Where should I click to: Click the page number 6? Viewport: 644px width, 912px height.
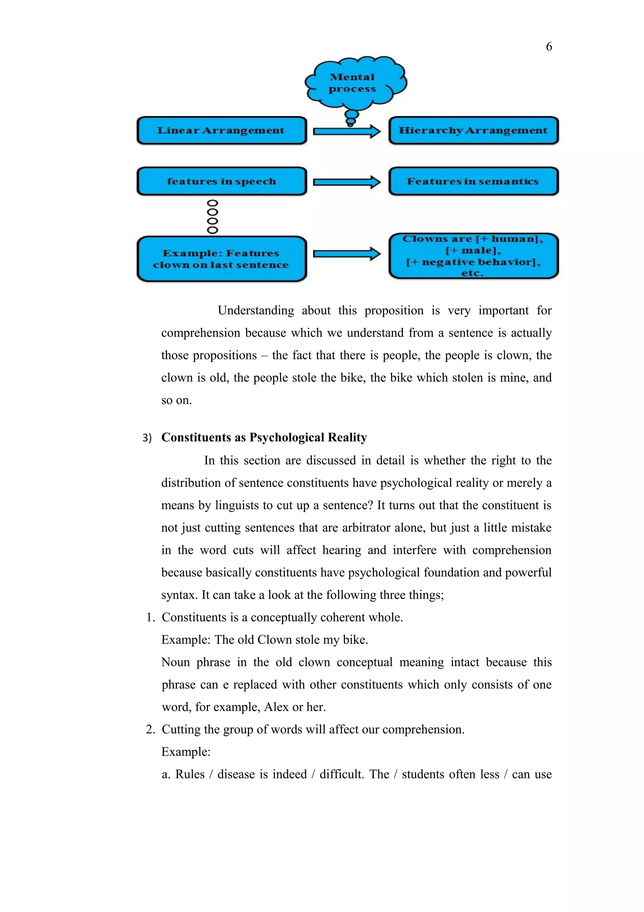549,47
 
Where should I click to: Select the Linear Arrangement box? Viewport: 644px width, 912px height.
221,130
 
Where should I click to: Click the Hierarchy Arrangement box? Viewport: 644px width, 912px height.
473,130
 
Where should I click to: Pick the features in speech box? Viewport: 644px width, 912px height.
221,181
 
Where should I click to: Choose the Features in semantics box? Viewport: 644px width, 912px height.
473,181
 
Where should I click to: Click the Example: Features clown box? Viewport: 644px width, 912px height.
221,259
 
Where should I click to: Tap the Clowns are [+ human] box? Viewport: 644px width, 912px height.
473,256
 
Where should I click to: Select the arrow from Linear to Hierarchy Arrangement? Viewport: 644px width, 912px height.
347,131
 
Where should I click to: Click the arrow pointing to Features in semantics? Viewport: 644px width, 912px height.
347,182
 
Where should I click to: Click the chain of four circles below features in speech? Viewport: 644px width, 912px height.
213,217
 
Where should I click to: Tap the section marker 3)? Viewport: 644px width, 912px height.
147,438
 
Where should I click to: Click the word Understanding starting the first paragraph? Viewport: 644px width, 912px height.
256,310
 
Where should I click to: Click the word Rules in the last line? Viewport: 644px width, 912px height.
190,774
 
